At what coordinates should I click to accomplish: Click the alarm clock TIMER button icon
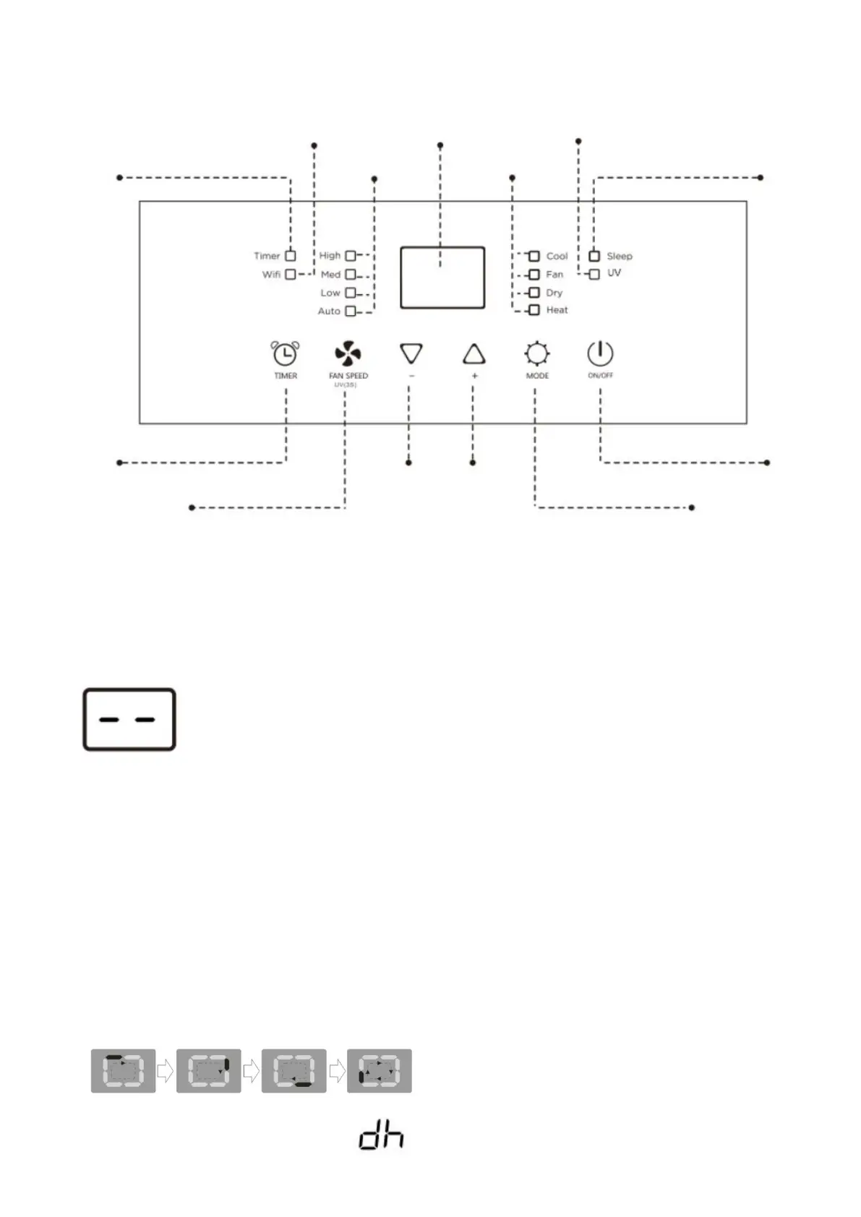pyautogui.click(x=285, y=353)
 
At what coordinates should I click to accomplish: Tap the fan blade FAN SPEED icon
pyautogui.click(x=348, y=353)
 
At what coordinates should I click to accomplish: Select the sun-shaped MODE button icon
pyautogui.click(x=537, y=354)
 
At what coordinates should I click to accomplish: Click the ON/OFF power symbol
pyautogui.click(x=600, y=353)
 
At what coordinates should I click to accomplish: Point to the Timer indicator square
pyautogui.click(x=291, y=256)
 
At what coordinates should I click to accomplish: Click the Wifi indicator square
pyautogui.click(x=291, y=275)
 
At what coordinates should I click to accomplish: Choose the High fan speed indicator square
pyautogui.click(x=351, y=256)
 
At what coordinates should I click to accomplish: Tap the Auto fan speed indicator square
pyautogui.click(x=351, y=311)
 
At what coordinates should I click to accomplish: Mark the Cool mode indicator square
pyautogui.click(x=534, y=257)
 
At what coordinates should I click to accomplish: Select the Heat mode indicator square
pyautogui.click(x=534, y=310)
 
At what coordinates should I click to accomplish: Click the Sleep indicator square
pyautogui.click(x=594, y=256)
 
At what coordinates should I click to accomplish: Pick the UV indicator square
pyautogui.click(x=594, y=274)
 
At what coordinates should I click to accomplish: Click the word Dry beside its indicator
pyautogui.click(x=554, y=293)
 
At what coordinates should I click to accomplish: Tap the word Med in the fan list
pyautogui.click(x=330, y=275)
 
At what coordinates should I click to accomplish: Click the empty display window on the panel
pyautogui.click(x=442, y=278)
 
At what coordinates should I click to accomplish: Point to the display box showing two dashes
pyautogui.click(x=129, y=719)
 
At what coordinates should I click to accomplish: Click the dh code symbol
pyautogui.click(x=381, y=1137)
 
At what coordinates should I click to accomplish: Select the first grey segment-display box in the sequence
pyautogui.click(x=123, y=1070)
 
